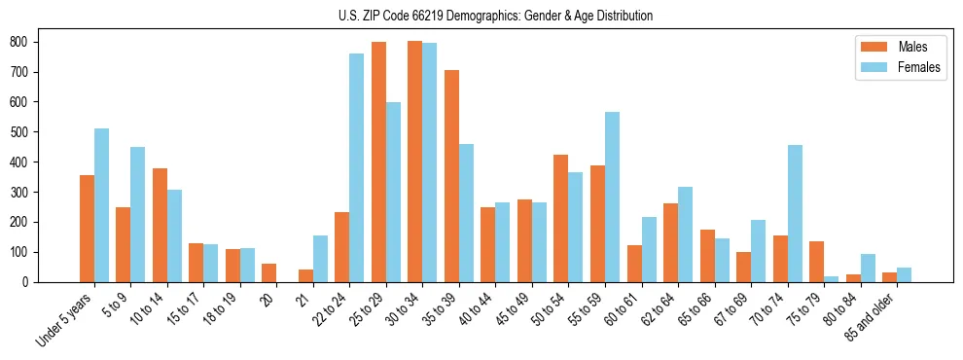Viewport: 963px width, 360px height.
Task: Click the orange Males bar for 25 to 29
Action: point(378,162)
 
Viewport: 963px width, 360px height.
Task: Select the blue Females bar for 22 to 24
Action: point(357,168)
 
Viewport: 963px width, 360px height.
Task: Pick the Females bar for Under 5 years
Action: point(101,205)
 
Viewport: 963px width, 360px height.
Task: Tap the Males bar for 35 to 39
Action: point(451,176)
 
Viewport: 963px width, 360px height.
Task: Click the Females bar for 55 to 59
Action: point(612,198)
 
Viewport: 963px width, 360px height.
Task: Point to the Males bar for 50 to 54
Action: point(561,219)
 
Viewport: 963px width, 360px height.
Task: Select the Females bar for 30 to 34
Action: point(430,162)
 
